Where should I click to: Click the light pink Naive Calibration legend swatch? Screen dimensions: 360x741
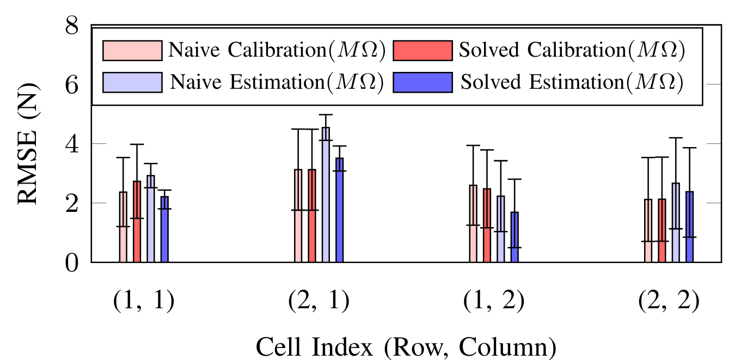pos(132,50)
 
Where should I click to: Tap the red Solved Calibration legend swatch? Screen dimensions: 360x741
pos(422,50)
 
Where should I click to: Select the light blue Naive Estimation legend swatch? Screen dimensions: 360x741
pos(132,82)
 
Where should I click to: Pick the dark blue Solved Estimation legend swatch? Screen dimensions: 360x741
pos(422,82)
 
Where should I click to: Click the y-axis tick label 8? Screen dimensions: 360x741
pos(72,26)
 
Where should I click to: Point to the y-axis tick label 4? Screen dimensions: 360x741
pos(72,144)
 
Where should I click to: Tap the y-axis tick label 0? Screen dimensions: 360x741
pos(72,263)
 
